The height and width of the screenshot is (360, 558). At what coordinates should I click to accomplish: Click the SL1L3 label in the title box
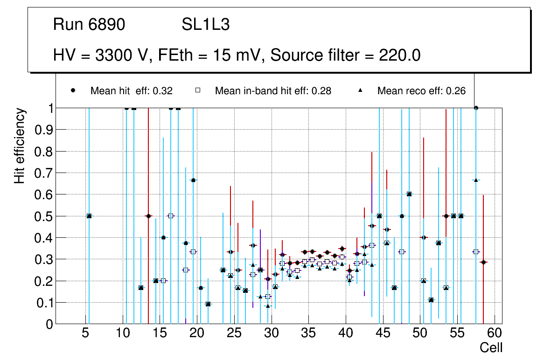[205, 25]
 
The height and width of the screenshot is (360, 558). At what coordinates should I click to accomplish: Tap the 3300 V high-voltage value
[122, 55]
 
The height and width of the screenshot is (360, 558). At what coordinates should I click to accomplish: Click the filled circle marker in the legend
[73, 90]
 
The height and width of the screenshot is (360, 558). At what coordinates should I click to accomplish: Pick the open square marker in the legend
[197, 90]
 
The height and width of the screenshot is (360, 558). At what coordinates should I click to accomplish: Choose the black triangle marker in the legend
[360, 90]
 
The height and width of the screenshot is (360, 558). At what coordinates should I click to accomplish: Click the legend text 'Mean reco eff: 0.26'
[421, 91]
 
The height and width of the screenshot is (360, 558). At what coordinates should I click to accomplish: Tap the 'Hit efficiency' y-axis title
[20, 145]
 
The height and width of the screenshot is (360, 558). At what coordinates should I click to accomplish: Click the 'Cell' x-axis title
[491, 347]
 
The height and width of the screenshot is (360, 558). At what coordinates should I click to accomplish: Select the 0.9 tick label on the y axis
[46, 130]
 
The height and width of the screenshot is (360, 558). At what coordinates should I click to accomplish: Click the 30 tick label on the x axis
[271, 333]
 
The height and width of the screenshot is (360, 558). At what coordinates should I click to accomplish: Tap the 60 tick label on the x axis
[495, 333]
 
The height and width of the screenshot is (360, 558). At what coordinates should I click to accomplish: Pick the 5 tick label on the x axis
[85, 333]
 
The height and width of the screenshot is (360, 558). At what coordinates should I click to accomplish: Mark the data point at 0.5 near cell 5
[89, 216]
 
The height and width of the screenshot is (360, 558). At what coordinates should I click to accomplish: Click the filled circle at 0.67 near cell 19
[193, 180]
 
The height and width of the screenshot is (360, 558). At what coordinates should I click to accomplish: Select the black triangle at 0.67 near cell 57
[476, 180]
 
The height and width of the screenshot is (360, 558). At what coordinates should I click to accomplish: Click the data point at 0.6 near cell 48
[409, 194]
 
